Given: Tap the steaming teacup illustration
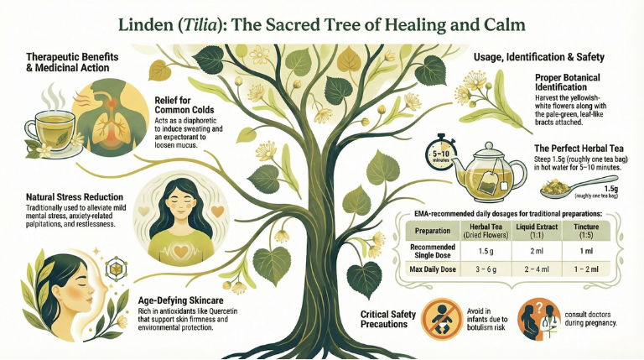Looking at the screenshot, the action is [x=50, y=128].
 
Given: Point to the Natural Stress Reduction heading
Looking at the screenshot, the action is [x=75, y=197].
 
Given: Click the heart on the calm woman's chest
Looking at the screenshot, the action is [x=181, y=250].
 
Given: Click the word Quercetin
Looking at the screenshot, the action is [x=221, y=310].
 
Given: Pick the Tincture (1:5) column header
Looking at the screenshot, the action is [x=586, y=231].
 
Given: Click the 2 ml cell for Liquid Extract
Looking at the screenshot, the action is [x=537, y=251].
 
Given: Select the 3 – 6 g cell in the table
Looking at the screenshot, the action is [x=486, y=269].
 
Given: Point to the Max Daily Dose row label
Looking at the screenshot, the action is [x=433, y=269].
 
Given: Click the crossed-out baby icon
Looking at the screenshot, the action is [x=442, y=320].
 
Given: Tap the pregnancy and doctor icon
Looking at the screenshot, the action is [x=539, y=320].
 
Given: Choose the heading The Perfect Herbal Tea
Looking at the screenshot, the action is [x=579, y=149].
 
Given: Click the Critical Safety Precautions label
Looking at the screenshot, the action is [x=388, y=320].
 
